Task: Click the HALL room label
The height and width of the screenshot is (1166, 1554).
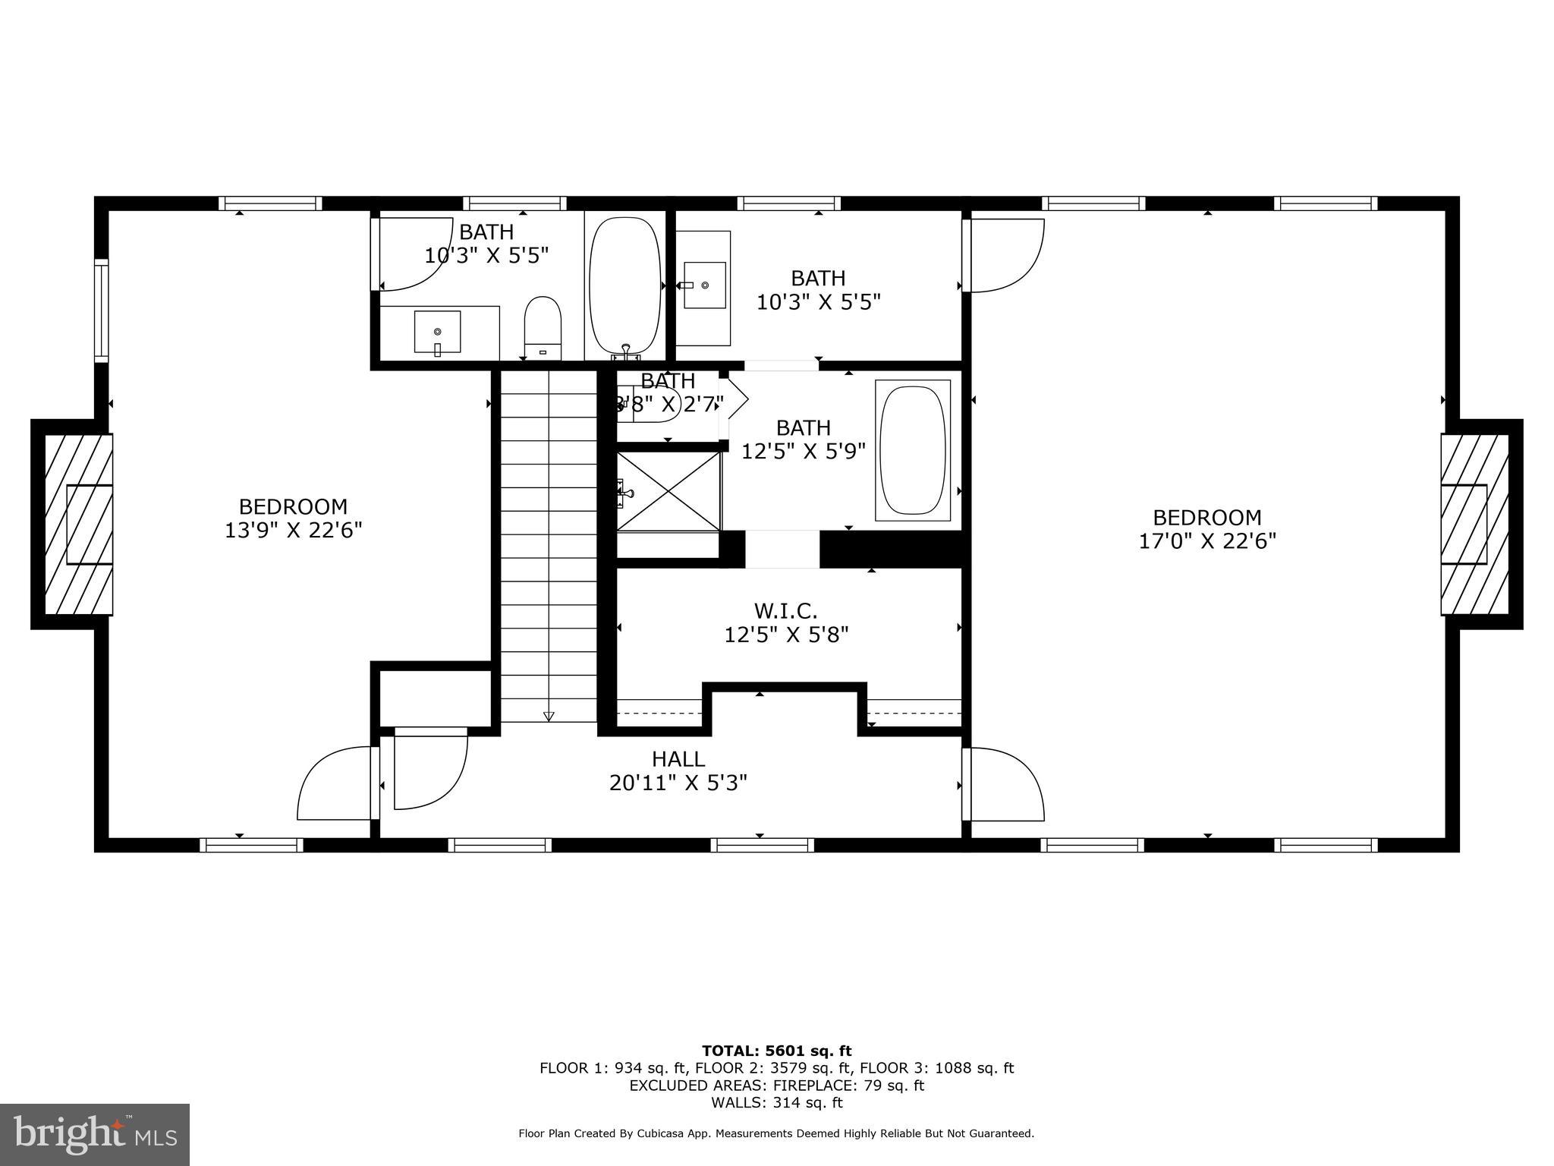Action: click(678, 758)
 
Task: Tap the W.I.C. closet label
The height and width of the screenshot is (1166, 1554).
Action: click(785, 610)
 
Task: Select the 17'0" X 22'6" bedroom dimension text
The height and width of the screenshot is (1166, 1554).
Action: click(1206, 541)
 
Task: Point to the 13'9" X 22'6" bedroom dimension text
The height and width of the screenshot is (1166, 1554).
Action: click(293, 530)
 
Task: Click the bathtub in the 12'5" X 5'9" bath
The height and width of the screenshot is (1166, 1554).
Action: click(912, 451)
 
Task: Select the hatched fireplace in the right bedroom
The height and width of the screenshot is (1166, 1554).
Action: click(1474, 524)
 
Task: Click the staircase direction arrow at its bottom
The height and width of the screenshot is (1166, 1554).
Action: click(549, 716)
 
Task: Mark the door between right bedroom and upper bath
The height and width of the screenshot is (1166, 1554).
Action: click(1005, 255)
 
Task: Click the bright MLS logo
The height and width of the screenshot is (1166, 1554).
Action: click(94, 1134)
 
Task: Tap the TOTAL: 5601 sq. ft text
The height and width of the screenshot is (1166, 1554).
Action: click(776, 1051)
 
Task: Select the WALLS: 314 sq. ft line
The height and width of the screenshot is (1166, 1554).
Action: click(776, 1103)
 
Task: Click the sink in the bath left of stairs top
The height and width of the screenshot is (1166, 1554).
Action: click(437, 332)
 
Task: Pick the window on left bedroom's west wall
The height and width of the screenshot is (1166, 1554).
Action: click(101, 310)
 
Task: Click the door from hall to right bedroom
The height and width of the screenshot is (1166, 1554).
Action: click(1005, 784)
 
